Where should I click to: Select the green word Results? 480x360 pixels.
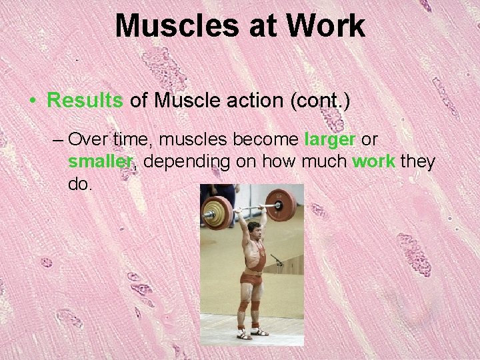click(x=85, y=101)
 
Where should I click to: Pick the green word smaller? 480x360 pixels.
click(x=101, y=161)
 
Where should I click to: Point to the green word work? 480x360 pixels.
click(x=373, y=161)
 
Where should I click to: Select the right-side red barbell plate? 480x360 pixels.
click(x=281, y=205)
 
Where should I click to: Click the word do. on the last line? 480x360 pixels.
click(x=79, y=183)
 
